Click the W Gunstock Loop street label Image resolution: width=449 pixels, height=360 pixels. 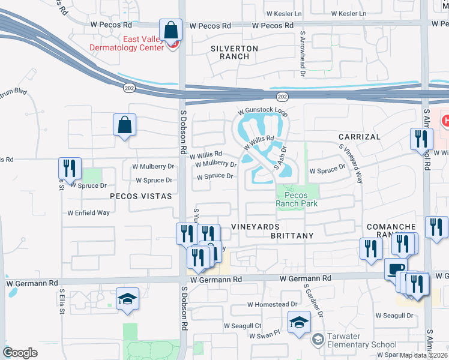coord(263,112)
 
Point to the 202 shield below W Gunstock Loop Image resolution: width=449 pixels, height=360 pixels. coord(282,97)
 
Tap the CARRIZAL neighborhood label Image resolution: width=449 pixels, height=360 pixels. coord(359,137)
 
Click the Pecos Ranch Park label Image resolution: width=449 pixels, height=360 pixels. coord(296,199)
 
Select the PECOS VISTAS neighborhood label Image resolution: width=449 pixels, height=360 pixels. coord(140,196)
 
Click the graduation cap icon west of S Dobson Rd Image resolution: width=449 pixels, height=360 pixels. coord(128,299)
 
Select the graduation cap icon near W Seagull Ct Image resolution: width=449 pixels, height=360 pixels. coord(299,322)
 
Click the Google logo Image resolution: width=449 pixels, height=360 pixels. coord(20,353)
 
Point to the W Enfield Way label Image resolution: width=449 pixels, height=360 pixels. coord(88,212)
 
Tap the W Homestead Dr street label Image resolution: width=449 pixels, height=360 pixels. coord(273,304)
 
